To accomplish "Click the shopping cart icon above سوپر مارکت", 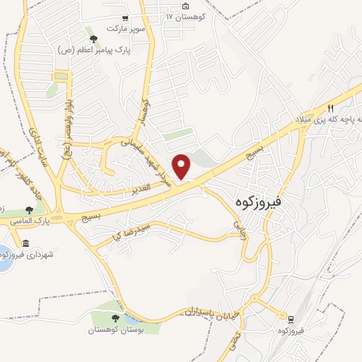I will (125, 18).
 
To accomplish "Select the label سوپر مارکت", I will (125, 28).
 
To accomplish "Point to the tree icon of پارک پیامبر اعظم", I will (92, 39).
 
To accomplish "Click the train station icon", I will (290, 320).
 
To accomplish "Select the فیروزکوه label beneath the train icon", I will (290, 331).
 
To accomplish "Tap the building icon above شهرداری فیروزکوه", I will (26, 243).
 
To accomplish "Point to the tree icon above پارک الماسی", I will (29, 210).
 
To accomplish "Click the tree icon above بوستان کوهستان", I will (116, 320).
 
